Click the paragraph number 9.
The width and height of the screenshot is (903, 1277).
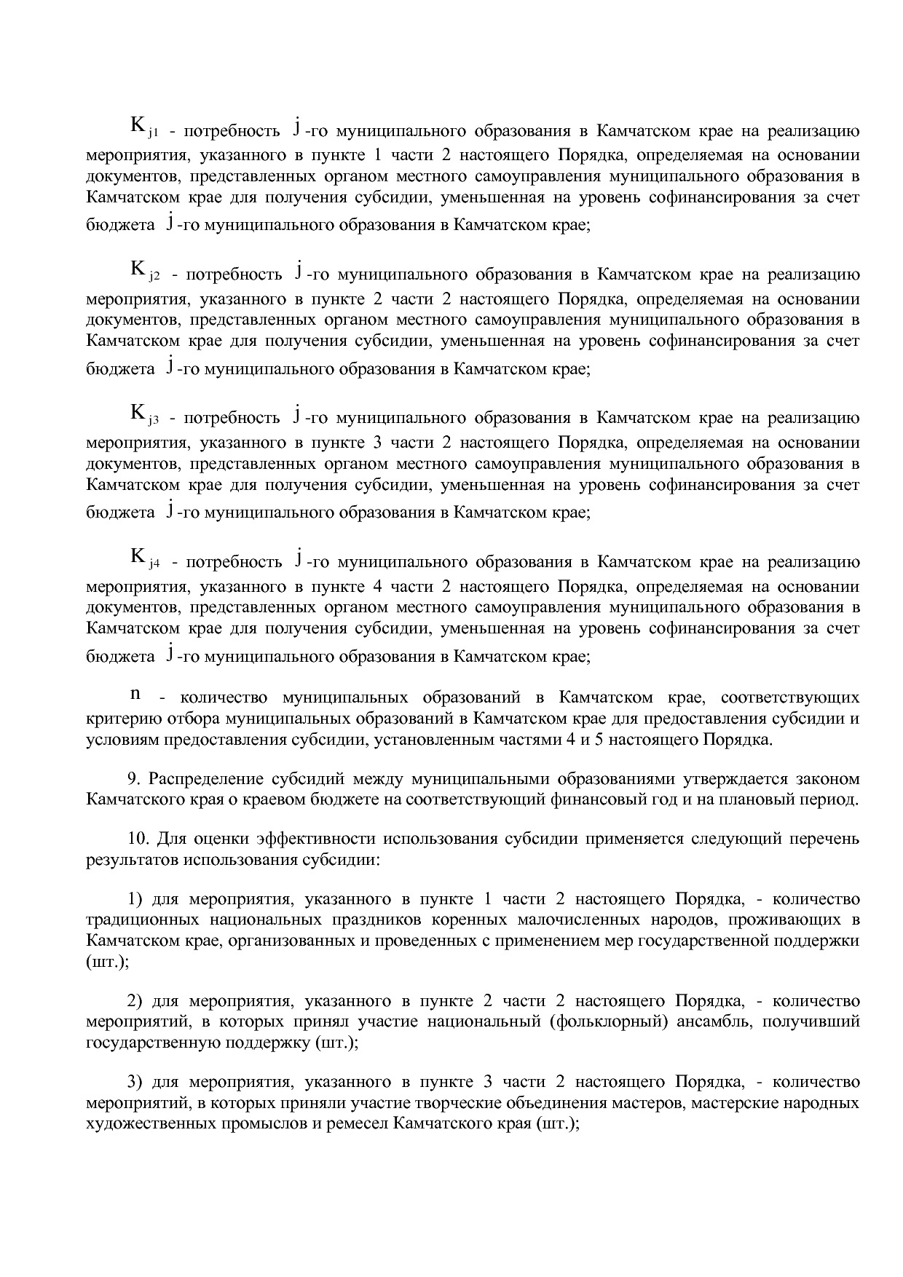pyautogui.click(x=134, y=779)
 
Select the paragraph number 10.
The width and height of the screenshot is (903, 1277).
pyautogui.click(x=138, y=839)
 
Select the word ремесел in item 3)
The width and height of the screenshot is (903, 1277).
pyautogui.click(x=352, y=1123)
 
